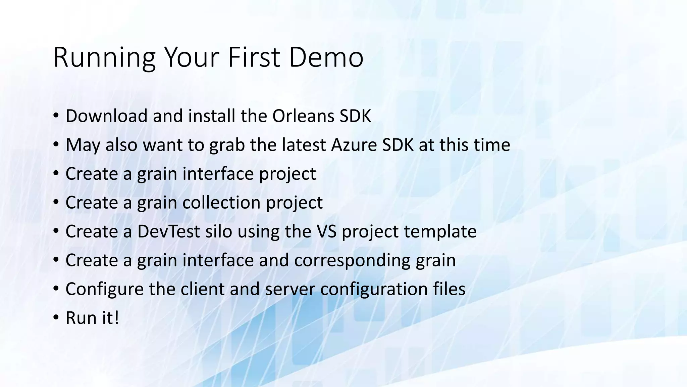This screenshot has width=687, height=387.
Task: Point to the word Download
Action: click(106, 116)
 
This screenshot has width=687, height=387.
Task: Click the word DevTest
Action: click(168, 231)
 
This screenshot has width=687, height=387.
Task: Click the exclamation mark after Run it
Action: click(116, 318)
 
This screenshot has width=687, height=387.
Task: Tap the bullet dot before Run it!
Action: click(56, 318)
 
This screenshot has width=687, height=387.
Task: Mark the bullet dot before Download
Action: click(56, 116)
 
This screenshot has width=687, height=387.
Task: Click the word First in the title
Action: click(254, 57)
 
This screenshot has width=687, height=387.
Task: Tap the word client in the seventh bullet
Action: click(202, 289)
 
